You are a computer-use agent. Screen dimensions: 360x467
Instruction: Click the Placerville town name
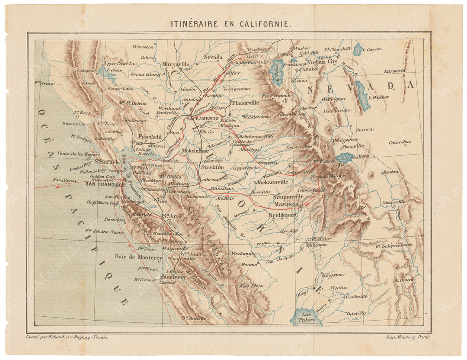(x=245, y=103)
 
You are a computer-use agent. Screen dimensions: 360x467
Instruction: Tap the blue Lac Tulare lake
(x=306, y=317)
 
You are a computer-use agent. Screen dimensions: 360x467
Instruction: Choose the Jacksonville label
(x=272, y=182)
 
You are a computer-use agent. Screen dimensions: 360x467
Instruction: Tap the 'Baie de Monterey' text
(x=138, y=258)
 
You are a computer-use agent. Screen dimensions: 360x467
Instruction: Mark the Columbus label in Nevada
(x=400, y=142)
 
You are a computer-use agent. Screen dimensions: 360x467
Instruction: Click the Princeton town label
(x=143, y=47)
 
